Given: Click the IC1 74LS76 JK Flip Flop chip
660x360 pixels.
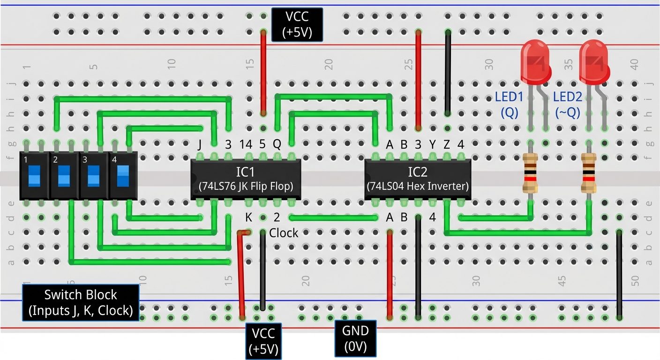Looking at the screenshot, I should coord(246,179).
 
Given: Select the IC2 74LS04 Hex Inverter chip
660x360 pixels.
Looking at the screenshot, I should coord(418,179).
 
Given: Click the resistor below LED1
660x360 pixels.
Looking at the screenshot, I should coord(531,173).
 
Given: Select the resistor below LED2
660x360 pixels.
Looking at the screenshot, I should coord(589,173).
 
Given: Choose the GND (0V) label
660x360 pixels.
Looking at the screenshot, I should coord(356,338).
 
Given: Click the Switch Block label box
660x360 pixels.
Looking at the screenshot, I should coord(81,302).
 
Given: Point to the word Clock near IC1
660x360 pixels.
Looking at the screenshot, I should coord(284,233).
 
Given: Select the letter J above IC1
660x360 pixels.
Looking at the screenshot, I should coord(200,145).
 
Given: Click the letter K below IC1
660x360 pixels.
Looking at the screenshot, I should coord(249,217).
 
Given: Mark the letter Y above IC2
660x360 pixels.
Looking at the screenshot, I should coord(433,145).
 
